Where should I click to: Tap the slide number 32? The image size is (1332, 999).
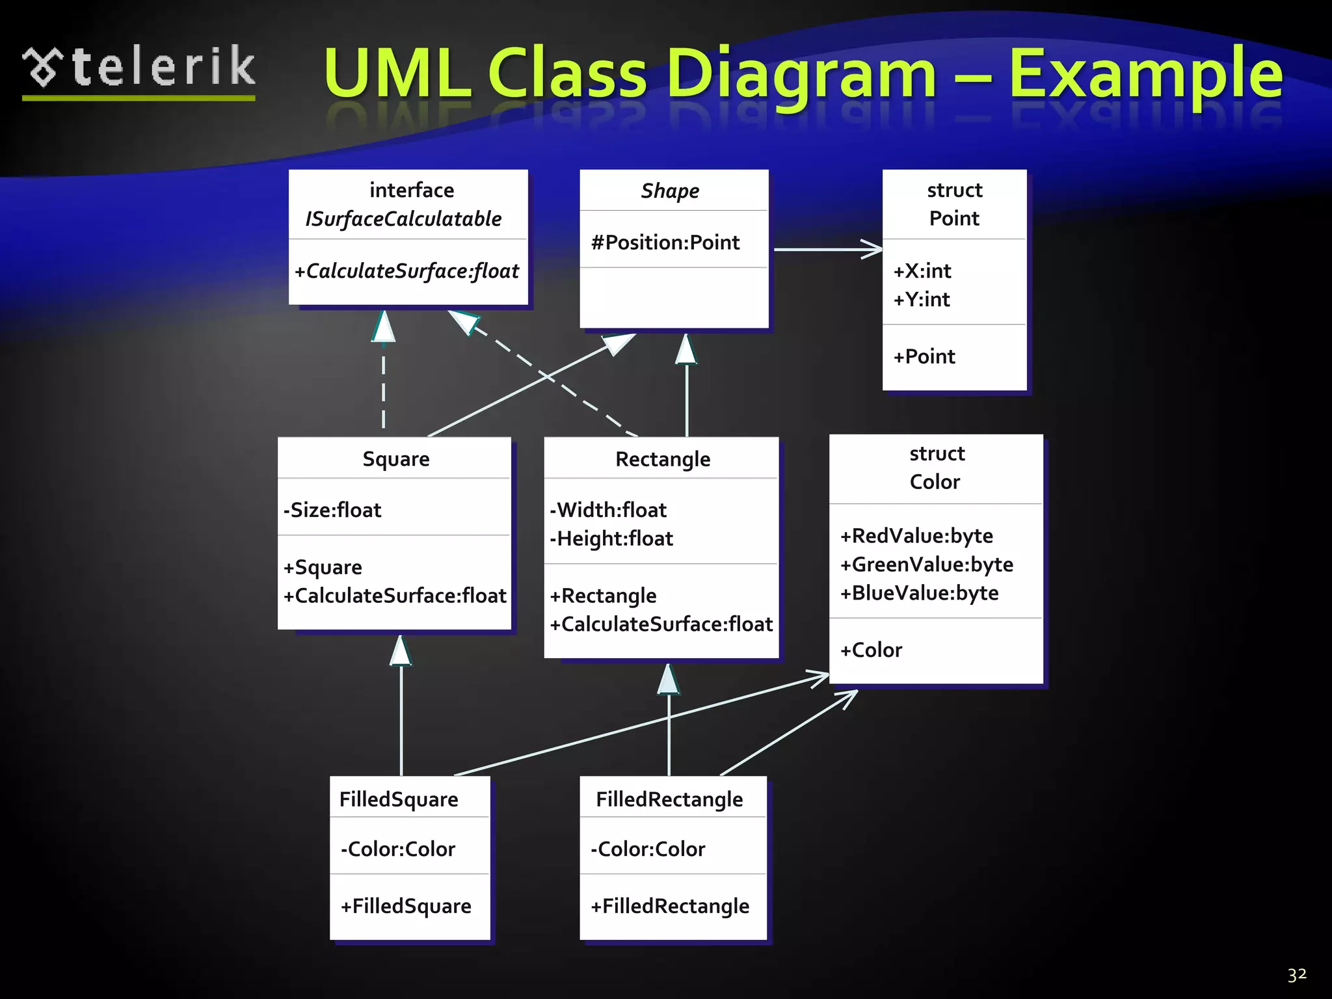coord(1297,974)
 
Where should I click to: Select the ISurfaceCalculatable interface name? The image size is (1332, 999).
coord(403,219)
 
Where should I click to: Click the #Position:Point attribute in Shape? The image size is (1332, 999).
coord(665,243)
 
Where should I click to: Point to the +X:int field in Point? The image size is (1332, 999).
coord(922,271)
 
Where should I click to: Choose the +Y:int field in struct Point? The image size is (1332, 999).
coord(921,299)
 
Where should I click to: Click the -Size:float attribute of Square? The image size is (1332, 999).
coord(332,510)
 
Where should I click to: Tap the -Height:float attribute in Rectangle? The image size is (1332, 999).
coord(611,539)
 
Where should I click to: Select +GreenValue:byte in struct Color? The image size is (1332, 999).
coord(926,565)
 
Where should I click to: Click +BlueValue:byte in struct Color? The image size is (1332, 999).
coord(919,593)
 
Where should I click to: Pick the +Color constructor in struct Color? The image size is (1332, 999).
coord(871,650)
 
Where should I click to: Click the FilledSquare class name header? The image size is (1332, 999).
coord(399,799)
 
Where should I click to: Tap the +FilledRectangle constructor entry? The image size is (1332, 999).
coord(670,906)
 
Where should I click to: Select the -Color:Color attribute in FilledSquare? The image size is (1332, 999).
coord(398,849)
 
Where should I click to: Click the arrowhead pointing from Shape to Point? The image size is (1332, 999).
coord(872,249)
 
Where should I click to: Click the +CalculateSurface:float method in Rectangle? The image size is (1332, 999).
coord(661,624)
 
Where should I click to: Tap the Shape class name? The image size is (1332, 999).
coord(670,191)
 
